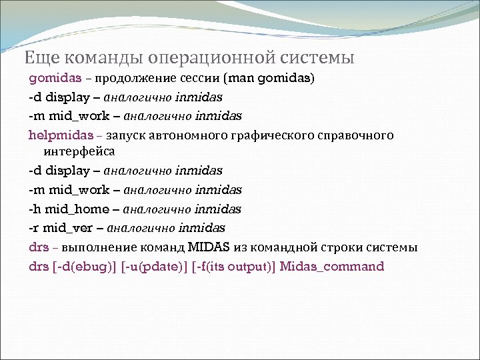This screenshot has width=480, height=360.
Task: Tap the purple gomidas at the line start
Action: pos(55,79)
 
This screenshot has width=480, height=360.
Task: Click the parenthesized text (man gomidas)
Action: pos(270,79)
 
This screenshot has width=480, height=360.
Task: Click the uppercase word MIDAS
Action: pos(209,247)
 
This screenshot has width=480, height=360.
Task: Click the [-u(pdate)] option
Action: pos(154,267)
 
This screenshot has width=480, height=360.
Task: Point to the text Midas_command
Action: pos(332,267)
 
